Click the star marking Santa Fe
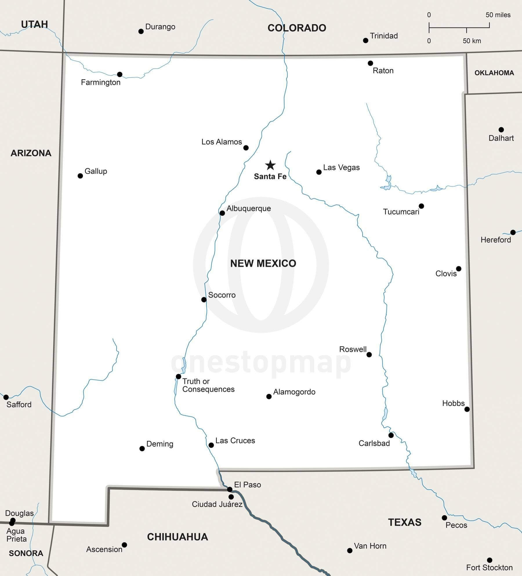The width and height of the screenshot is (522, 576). pos(270,165)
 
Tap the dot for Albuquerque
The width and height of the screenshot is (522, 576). pos(222,213)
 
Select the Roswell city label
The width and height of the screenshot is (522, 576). pos(353,349)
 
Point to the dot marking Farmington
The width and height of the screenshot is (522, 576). pos(119,75)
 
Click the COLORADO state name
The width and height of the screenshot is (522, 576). pos(297,28)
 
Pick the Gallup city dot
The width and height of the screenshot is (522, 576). pos(80,176)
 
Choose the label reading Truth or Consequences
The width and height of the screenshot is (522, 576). pos(208,385)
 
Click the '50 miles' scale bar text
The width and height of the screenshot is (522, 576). pos(498,15)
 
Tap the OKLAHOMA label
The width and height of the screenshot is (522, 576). pos(494,73)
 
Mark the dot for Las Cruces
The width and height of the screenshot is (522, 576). pos(211,445)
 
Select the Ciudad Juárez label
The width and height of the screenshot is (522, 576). pos(217,504)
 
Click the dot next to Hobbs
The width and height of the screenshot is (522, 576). pos(467,409)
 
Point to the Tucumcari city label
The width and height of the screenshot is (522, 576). pos(401,212)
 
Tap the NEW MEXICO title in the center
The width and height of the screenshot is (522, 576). pos(263,263)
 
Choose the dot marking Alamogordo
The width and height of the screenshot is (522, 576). pos(269,396)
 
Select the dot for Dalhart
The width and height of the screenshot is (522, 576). pos(501,130)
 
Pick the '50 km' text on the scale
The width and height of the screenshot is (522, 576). pos(472,41)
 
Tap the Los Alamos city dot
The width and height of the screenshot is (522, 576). pos(246,148)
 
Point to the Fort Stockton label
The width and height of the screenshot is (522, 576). pos(489,567)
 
